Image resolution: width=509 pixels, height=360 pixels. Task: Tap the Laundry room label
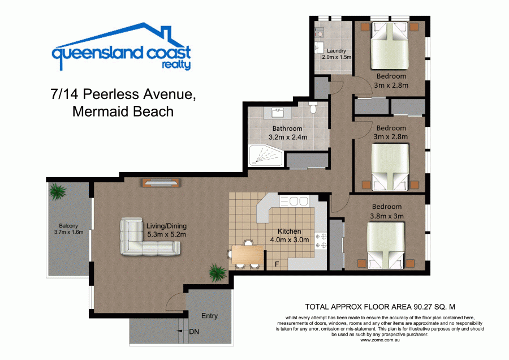point(337,51)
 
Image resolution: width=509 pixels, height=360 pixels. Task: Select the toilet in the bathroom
point(313,107)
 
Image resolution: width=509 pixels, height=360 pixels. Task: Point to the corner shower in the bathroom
point(266,156)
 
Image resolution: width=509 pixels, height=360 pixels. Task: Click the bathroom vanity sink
point(278,113)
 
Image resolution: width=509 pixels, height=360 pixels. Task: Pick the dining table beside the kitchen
point(247,254)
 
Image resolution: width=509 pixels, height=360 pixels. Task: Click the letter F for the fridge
point(277,264)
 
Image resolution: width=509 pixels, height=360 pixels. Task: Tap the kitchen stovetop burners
point(321,241)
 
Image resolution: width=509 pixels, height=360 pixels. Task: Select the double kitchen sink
point(294,201)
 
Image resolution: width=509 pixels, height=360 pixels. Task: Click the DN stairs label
point(194,332)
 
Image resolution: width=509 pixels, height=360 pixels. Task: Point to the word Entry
point(209,316)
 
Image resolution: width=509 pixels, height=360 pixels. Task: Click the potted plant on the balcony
point(58,192)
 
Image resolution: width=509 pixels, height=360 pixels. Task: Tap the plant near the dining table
point(217,272)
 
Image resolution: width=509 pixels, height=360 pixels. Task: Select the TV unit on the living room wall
point(161,182)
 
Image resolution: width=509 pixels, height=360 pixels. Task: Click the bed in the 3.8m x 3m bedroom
point(386,245)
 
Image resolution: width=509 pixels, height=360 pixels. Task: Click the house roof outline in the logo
point(121,35)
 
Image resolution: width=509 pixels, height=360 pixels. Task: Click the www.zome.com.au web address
point(380,340)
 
